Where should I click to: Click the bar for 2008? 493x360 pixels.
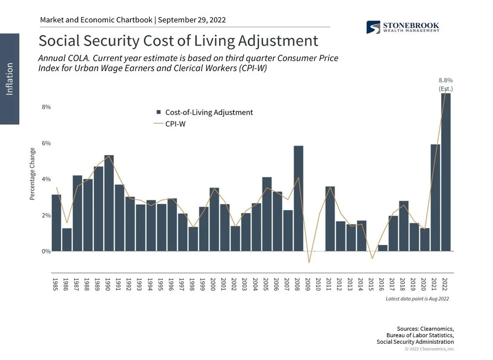pyautogui.click(x=298, y=198)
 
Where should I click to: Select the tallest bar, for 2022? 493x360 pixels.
pyautogui.click(x=446, y=172)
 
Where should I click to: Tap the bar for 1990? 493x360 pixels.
pyautogui.click(x=109, y=202)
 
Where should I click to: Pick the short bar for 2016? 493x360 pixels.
pyautogui.click(x=383, y=248)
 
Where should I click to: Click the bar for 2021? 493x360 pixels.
pyautogui.click(x=435, y=198)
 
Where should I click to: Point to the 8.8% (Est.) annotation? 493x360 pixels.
pyautogui.click(x=445, y=84)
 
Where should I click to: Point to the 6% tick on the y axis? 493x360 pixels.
pyautogui.click(x=46, y=143)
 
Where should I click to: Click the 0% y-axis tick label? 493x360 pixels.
pyautogui.click(x=46, y=251)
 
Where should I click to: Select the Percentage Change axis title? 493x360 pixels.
pyautogui.click(x=32, y=174)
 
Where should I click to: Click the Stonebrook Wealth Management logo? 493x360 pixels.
pyautogui.click(x=403, y=27)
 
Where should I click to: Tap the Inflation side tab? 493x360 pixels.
pyautogui.click(x=9, y=79)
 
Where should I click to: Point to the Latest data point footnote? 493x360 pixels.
pyautogui.click(x=417, y=299)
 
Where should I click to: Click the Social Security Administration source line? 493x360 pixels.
pyautogui.click(x=415, y=342)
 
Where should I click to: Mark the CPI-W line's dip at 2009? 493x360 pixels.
pyautogui.click(x=309, y=263)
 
